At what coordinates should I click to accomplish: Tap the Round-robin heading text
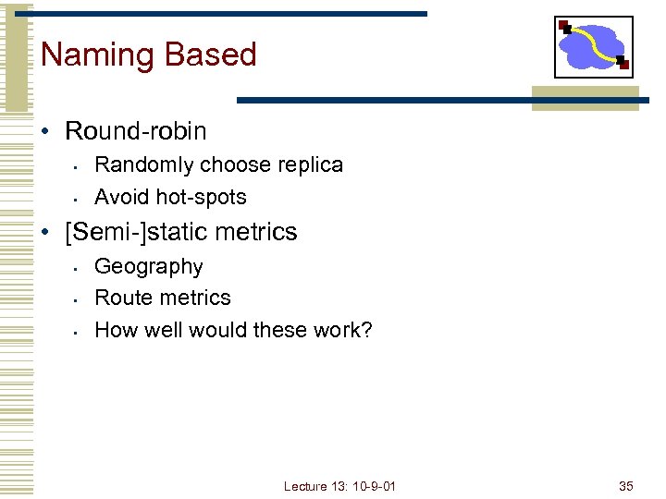pyautogui.click(x=136, y=131)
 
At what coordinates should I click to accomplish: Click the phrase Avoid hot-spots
pyautogui.click(x=170, y=197)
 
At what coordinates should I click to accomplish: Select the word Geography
pyautogui.click(x=148, y=267)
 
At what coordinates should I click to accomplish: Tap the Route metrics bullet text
pyautogui.click(x=162, y=298)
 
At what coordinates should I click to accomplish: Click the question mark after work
pyautogui.click(x=367, y=330)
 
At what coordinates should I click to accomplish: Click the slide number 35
pyautogui.click(x=625, y=486)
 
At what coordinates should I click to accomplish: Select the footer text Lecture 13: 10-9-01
pyautogui.click(x=339, y=486)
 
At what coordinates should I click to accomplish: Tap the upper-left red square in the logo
pyautogui.click(x=563, y=25)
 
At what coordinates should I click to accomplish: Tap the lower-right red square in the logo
pyautogui.click(x=623, y=64)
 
